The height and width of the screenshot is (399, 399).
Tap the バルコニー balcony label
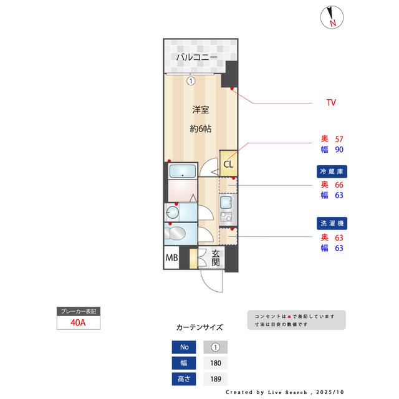pos(196,58)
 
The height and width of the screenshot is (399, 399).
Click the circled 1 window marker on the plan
pos(191,80)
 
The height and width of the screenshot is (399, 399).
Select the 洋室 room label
pos(200,110)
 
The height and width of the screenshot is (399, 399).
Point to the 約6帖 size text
pos(200,129)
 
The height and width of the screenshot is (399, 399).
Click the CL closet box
pos(228,165)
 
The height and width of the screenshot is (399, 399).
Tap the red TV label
pos(332,102)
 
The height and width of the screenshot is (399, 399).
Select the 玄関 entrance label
pos(215,257)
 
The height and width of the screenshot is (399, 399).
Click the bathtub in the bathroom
pos(183,171)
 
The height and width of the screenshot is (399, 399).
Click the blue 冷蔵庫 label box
pos(332,170)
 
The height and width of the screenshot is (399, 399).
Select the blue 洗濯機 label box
pos(332,223)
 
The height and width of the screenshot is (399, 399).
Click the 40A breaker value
pos(78,323)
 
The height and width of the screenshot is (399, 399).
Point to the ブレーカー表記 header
pos(78,311)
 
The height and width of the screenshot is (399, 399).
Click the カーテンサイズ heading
pos(199,327)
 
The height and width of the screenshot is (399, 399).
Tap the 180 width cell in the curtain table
pos(216,363)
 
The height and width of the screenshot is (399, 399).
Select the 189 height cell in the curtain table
pos(216,378)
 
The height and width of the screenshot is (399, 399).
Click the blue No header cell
pos(183,348)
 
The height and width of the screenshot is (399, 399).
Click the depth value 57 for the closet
pos(340,139)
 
